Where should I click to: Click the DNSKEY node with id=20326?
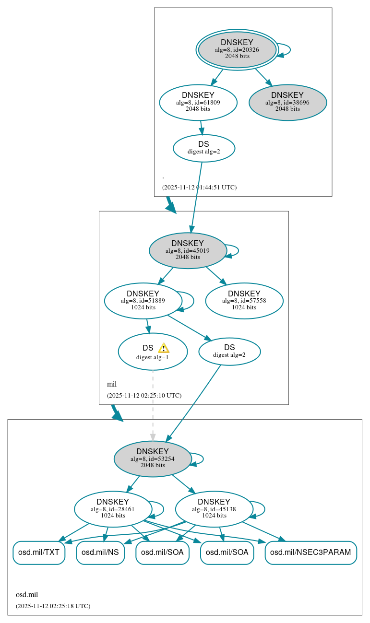pyautogui.click(x=237, y=49)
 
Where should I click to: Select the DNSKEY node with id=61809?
pyautogui.click(x=198, y=102)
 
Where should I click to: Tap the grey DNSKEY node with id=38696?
pyautogui.click(x=287, y=102)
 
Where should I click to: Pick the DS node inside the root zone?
pyautogui.click(x=203, y=148)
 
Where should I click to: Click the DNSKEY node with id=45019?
pyautogui.click(x=188, y=250)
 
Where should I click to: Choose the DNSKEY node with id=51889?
pyautogui.click(x=143, y=301)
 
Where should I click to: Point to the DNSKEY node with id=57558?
pyautogui.click(x=244, y=301)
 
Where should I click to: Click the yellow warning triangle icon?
pyautogui.click(x=164, y=348)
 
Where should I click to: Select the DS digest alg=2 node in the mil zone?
pyautogui.click(x=229, y=351)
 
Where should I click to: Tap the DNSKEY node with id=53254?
pyautogui.click(x=153, y=458)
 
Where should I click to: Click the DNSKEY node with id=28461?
pyautogui.click(x=113, y=509)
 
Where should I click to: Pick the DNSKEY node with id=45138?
pyautogui.click(x=214, y=509)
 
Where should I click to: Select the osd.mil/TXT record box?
pyautogui.click(x=38, y=552)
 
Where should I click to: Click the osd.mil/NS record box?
pyautogui.click(x=100, y=552)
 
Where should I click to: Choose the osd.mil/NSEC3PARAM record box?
pyautogui.click(x=310, y=552)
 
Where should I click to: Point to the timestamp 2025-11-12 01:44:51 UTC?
pyautogui.click(x=199, y=188)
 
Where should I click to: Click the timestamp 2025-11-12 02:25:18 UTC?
pyautogui.click(x=53, y=606)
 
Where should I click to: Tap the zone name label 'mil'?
pyautogui.click(x=112, y=384)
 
